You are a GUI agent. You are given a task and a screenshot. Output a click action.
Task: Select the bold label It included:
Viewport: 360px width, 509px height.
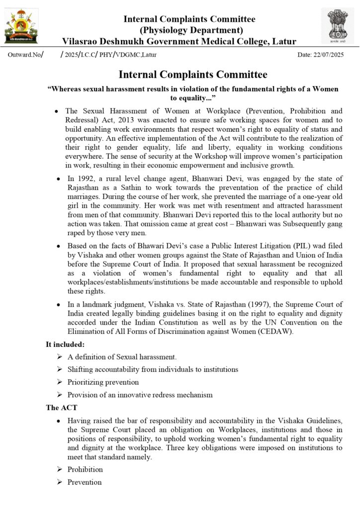coord(65,344)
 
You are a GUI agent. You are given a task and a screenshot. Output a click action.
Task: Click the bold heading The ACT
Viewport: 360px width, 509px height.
coord(61,408)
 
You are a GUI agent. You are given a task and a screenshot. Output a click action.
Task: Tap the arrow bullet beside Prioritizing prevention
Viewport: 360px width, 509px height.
coord(59,382)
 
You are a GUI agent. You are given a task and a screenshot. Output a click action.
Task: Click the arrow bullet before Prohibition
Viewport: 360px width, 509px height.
coord(59,469)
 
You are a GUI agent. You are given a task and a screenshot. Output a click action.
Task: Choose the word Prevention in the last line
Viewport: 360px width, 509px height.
coord(85,482)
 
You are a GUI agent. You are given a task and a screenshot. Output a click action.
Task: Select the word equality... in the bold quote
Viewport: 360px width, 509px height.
coord(197,98)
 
